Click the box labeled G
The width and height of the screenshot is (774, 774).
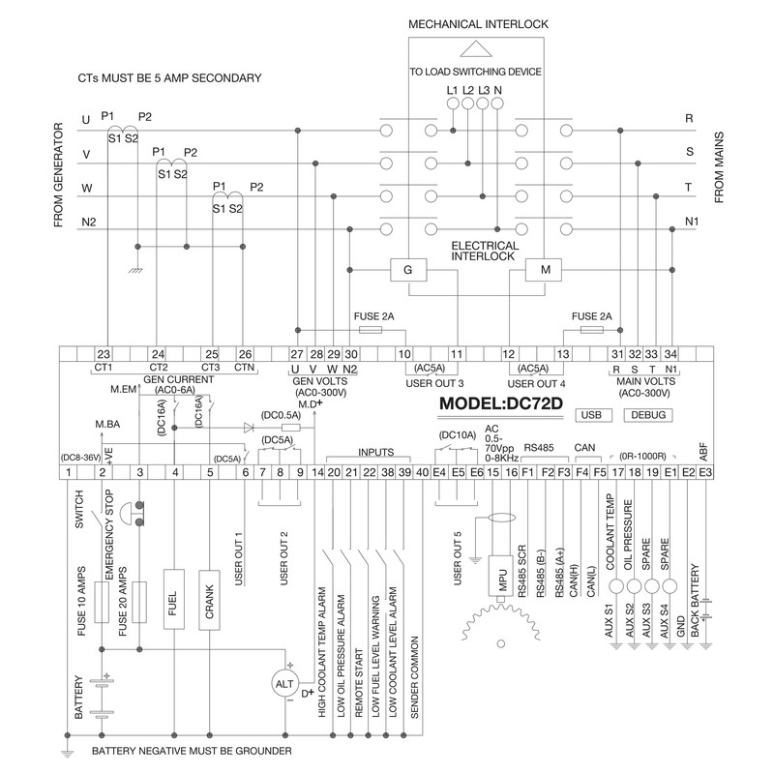click(408, 270)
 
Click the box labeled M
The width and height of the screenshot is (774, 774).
click(543, 270)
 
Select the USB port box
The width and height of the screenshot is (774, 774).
click(594, 415)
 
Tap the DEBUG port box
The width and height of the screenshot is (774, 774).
click(648, 415)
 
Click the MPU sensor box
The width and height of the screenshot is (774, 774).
click(501, 576)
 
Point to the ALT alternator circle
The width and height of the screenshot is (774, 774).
click(285, 684)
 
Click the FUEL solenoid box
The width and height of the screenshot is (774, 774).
click(174, 599)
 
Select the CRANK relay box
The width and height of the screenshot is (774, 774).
click(209, 600)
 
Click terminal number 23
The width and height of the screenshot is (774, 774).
click(104, 354)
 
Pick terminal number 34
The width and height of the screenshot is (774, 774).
click(670, 354)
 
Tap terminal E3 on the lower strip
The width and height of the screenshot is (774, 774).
click(705, 472)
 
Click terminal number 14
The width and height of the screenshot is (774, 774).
click(317, 472)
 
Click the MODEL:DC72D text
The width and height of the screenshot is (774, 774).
click(501, 403)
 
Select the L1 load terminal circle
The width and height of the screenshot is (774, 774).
click(453, 104)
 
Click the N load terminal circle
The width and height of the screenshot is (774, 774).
click(497, 104)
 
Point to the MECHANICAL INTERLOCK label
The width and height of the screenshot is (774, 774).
click(478, 24)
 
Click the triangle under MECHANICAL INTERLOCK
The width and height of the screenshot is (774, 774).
click(476, 49)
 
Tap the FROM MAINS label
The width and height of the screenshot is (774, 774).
click(719, 167)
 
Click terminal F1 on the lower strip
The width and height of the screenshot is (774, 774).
click(527, 472)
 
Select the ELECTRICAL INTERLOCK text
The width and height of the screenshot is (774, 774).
click(485, 251)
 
